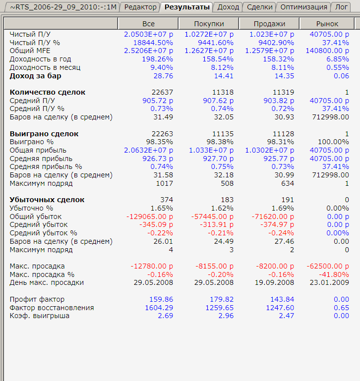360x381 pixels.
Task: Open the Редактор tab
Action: click(x=141, y=7)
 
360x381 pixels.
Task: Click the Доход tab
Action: click(x=228, y=7)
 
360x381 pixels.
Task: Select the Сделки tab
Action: click(x=259, y=7)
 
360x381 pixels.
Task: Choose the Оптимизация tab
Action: click(x=304, y=7)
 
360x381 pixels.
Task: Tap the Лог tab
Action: click(x=342, y=7)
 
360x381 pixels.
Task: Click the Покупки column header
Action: click(x=209, y=24)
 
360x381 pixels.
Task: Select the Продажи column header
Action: click(x=269, y=24)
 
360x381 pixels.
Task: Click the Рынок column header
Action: click(x=327, y=24)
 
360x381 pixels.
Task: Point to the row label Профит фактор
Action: click(x=37, y=299)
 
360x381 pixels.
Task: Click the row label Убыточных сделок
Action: click(x=47, y=200)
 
